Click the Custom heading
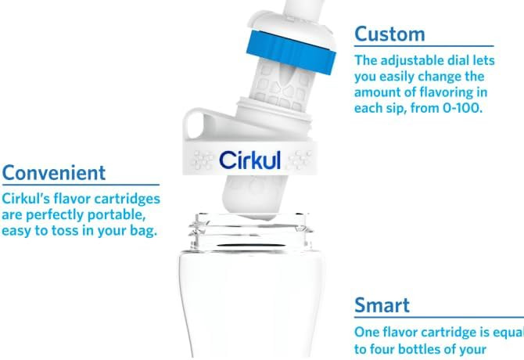click(x=389, y=34)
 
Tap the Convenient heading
click(x=54, y=172)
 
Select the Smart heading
click(x=382, y=305)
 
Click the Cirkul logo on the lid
click(x=250, y=160)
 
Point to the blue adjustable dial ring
click(x=291, y=52)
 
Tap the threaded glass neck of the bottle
click(x=250, y=231)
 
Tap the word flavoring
click(x=436, y=92)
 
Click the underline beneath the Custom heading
click(x=424, y=46)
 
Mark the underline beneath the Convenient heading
click(x=81, y=185)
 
